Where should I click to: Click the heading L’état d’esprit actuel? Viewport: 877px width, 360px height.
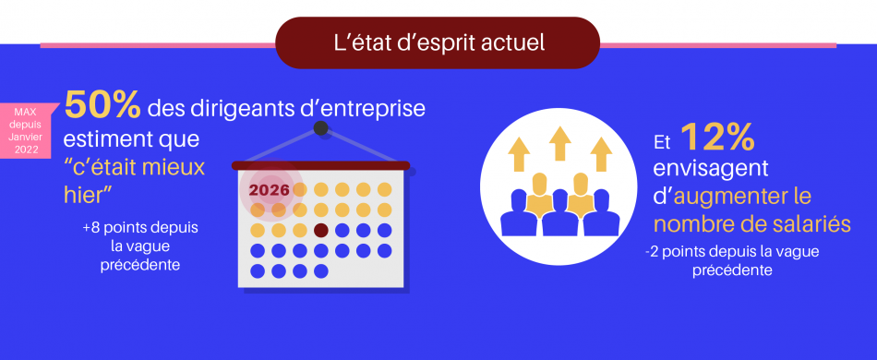pos(438,42)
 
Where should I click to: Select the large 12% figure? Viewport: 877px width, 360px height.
pos(718,138)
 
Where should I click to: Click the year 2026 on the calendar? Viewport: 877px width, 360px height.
pos(270,189)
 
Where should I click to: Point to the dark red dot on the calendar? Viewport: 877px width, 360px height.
pos(321,230)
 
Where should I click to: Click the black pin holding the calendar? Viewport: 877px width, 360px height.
pos(320,128)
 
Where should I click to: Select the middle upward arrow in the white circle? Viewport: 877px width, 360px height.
pos(558,143)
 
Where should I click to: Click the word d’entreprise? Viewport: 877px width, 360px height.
pos(367,109)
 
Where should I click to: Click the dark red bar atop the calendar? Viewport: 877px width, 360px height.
pos(319,166)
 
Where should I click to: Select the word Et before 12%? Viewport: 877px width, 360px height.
pos(661,144)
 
